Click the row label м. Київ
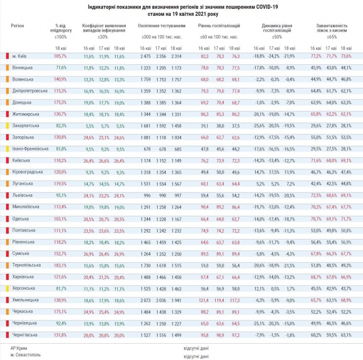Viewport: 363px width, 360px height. tap(19, 56)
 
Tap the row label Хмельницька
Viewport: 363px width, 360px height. tap(24, 300)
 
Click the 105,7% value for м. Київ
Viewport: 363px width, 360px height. tap(60, 56)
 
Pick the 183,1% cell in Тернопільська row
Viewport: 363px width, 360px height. tap(60, 265)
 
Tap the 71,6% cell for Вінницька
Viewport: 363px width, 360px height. tap(61, 67)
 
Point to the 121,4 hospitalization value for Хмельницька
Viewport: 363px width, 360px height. tap(204, 300)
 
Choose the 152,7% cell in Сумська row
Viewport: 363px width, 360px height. tap(60, 254)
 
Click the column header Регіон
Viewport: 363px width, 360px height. tap(17, 25)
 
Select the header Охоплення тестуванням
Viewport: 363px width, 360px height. tap(161, 25)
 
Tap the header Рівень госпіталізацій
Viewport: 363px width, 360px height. tap(220, 25)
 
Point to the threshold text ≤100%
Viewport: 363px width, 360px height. tap(60, 37)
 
